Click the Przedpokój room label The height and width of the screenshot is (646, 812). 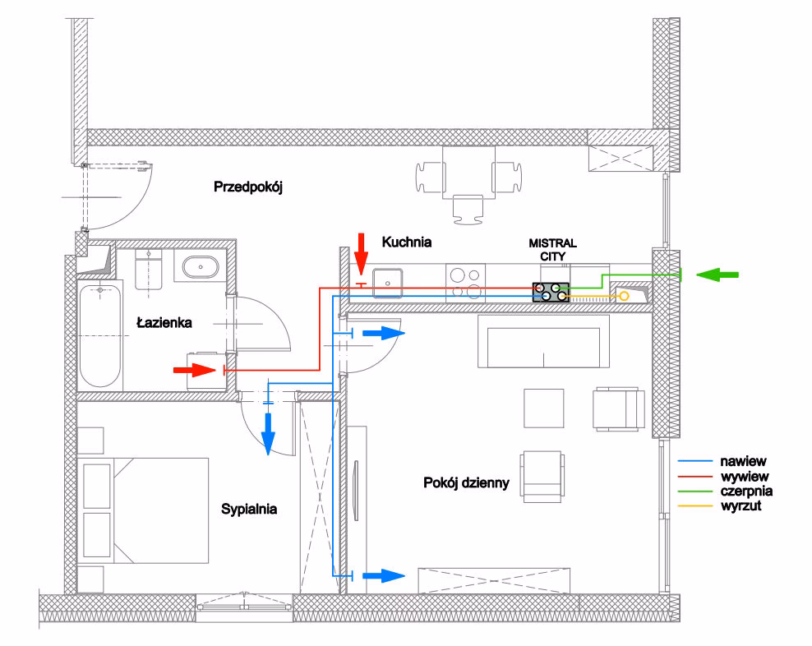(248, 187)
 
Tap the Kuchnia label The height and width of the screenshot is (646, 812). (407, 242)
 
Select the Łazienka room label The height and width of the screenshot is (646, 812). (164, 323)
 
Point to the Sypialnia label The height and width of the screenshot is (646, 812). (249, 510)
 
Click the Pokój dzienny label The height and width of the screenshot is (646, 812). (468, 482)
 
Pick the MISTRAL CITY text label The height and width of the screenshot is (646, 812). (552, 250)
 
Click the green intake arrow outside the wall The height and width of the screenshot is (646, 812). (717, 274)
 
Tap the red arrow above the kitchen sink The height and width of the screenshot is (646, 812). (360, 251)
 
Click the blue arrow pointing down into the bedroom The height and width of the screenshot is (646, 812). (267, 433)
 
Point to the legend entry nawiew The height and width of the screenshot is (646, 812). (743, 463)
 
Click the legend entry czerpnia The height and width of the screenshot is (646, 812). (746, 491)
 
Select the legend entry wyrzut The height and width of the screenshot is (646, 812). (740, 506)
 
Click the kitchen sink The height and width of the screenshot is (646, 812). (386, 282)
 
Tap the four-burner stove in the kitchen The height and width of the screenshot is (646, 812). (466, 282)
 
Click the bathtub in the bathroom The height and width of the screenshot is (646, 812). (99, 335)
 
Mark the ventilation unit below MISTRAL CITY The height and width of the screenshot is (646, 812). (551, 292)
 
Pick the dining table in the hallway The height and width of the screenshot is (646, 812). (468, 171)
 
